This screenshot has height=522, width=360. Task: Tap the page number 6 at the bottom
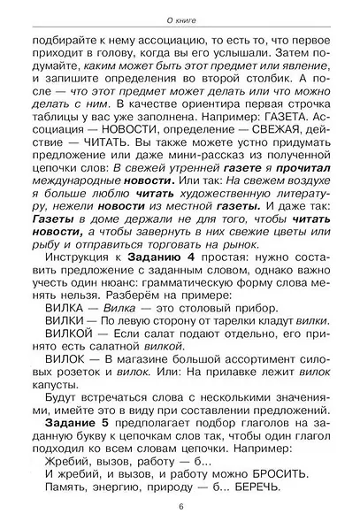tap(180, 506)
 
